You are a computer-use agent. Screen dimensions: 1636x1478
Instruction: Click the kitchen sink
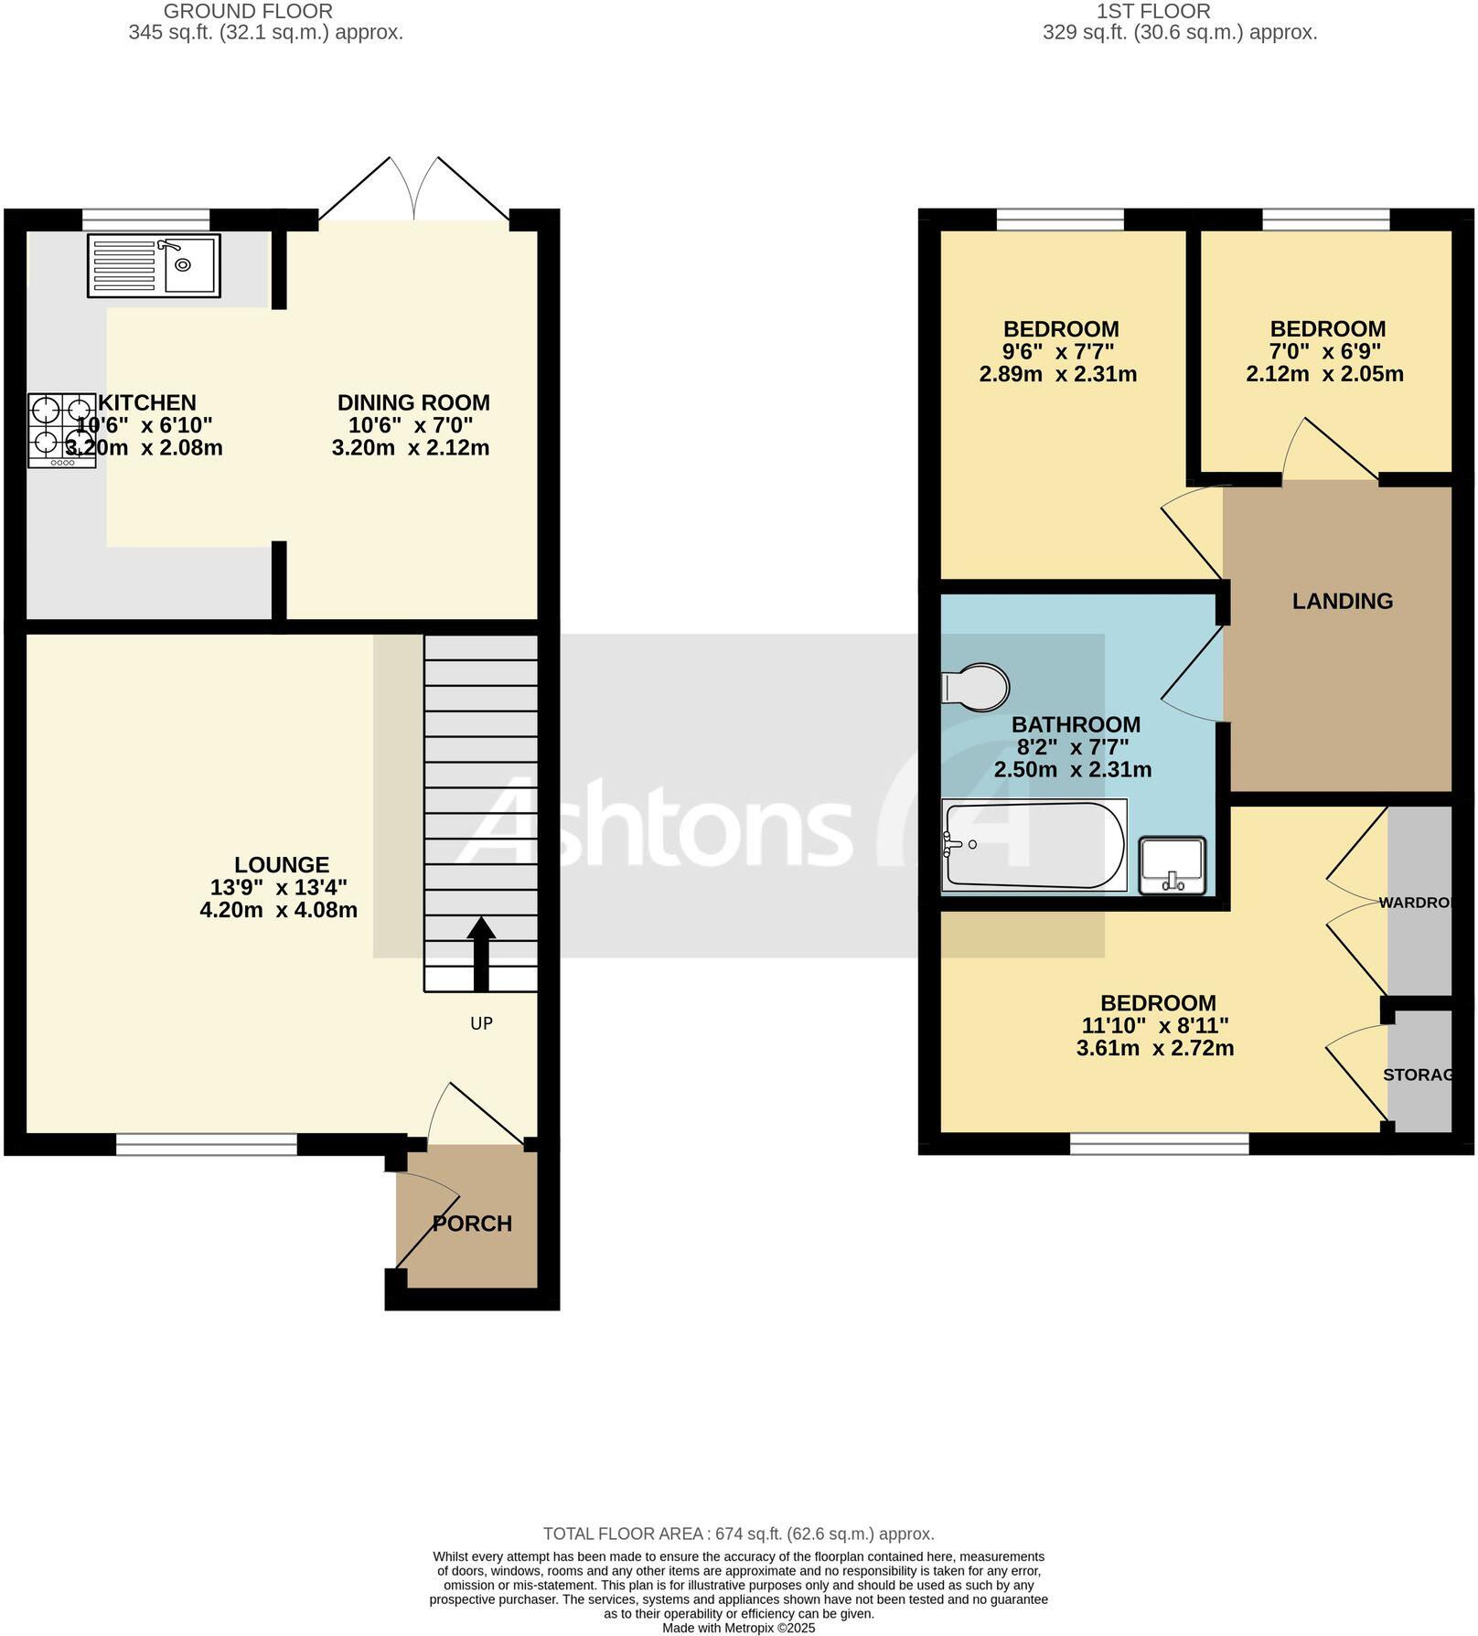pyautogui.click(x=154, y=265)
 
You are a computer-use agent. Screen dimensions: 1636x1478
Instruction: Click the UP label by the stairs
pyautogui.click(x=481, y=1023)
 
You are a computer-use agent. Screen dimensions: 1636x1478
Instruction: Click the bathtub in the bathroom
pyautogui.click(x=1034, y=845)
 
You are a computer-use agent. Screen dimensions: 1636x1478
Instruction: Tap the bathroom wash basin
pyautogui.click(x=1173, y=865)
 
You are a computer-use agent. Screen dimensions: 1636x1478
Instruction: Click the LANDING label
pyautogui.click(x=1342, y=601)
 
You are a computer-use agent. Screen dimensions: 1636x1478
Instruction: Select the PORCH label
pyautogui.click(x=472, y=1224)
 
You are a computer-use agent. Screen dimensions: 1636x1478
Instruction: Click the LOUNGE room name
pyautogui.click(x=281, y=864)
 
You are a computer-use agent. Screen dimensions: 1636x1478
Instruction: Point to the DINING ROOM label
pyautogui.click(x=413, y=402)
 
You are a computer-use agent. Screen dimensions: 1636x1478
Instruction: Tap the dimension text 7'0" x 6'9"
pyautogui.click(x=1327, y=351)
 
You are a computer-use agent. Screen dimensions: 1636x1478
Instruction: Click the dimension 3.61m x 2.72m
pyautogui.click(x=1155, y=1048)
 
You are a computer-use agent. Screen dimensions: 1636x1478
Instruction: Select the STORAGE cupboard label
pyautogui.click(x=1418, y=1075)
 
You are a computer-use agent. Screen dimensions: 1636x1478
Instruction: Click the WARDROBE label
pyautogui.click(x=1416, y=903)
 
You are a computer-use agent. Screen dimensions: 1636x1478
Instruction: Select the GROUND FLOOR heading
pyautogui.click(x=248, y=12)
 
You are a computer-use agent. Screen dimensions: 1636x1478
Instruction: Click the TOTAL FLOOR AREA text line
pyautogui.click(x=738, y=1534)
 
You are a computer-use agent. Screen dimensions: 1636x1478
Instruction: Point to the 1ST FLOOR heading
pyautogui.click(x=1153, y=12)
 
